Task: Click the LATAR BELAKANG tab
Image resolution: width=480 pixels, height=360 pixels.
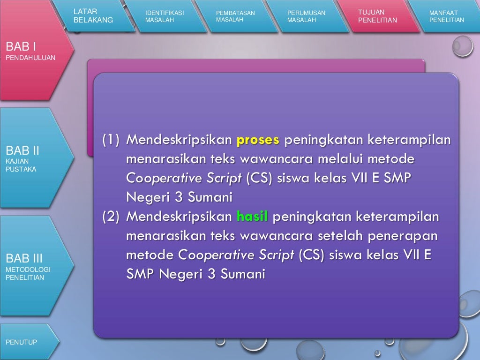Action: [x=94, y=16]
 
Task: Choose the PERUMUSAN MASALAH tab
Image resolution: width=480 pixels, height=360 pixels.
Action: [x=307, y=16]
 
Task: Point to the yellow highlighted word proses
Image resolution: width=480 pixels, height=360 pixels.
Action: [x=258, y=140]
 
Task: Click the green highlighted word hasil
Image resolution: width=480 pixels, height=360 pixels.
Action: [x=252, y=217]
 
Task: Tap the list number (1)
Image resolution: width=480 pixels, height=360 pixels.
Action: [x=111, y=140]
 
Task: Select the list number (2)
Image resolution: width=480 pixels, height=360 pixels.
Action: [x=111, y=217]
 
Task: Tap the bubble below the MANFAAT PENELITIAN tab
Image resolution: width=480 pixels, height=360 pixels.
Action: [x=462, y=46]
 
